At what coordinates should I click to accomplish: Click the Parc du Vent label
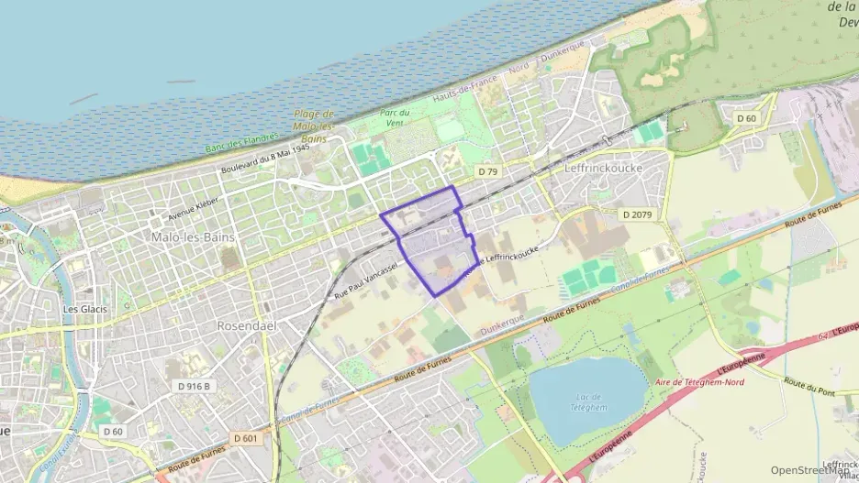395,117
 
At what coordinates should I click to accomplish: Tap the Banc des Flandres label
240,142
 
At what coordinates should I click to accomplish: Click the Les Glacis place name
84,309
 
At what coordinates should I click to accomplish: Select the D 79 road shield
487,171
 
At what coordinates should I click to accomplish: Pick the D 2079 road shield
638,214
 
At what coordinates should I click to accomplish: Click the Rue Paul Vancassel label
365,276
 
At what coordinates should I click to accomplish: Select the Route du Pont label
809,387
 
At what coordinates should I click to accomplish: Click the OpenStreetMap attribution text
809,470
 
